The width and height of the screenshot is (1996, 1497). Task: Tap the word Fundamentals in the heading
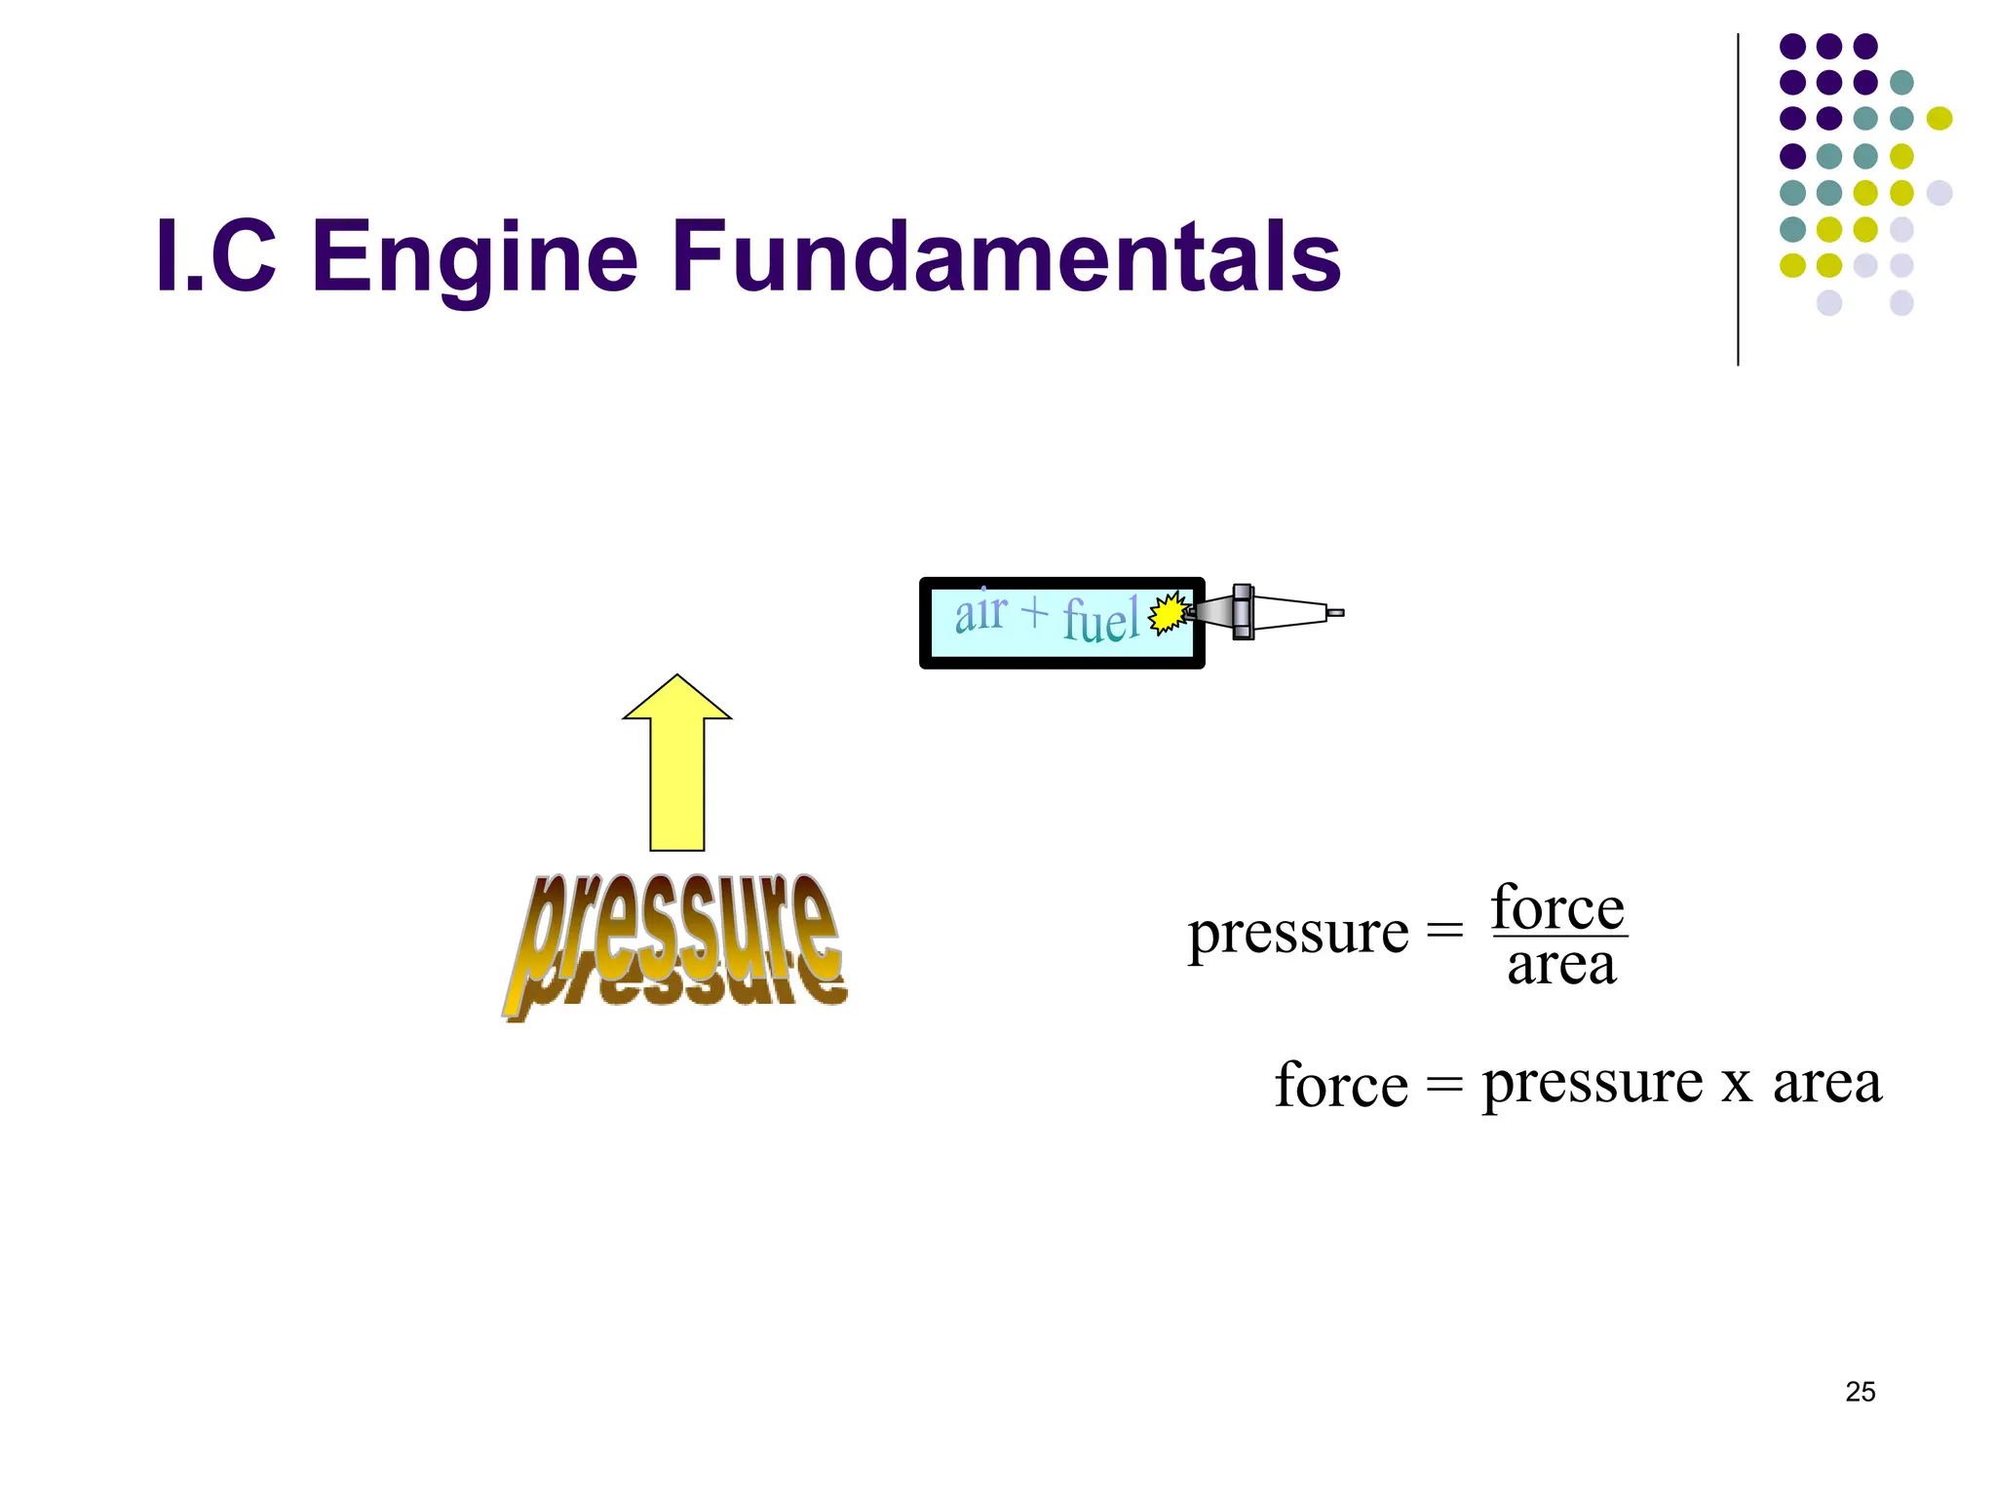(1006, 255)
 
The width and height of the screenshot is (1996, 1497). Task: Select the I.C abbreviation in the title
(215, 256)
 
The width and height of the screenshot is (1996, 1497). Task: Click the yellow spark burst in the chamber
(1167, 614)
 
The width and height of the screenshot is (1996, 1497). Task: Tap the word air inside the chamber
(980, 613)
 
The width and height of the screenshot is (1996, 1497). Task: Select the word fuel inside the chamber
(1100, 620)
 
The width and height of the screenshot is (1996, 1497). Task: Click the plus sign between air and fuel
(1035, 612)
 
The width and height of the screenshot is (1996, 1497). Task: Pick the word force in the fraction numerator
(1557, 908)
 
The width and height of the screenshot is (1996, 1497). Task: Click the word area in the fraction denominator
(1561, 966)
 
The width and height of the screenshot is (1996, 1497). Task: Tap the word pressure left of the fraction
(1298, 933)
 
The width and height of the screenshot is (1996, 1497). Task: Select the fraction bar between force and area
(1559, 937)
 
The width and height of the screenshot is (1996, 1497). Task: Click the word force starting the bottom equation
(1341, 1085)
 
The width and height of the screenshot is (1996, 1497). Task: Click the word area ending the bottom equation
(1826, 1084)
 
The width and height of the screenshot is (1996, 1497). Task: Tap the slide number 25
(1860, 1392)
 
